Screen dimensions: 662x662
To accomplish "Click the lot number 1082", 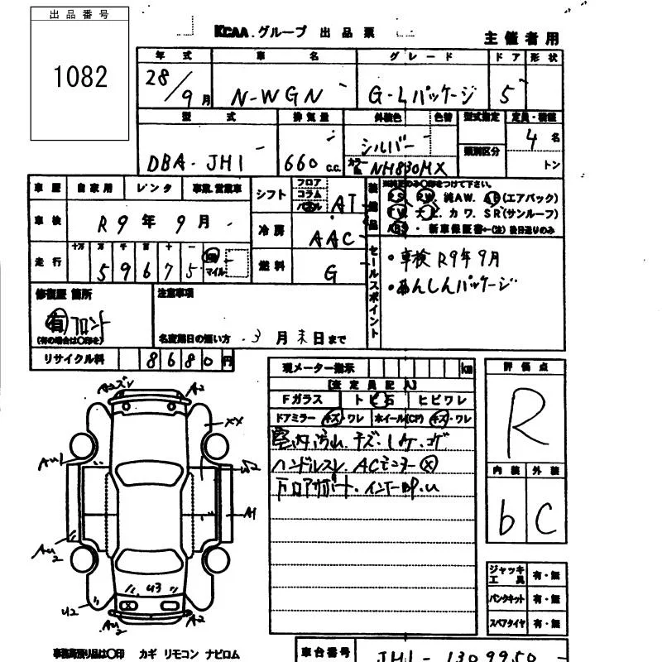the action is (80, 77).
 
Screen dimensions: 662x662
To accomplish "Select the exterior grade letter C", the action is (544, 519).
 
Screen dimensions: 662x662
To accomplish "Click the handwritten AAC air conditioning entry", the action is (330, 239).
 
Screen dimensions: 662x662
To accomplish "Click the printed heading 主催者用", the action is (521, 38).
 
